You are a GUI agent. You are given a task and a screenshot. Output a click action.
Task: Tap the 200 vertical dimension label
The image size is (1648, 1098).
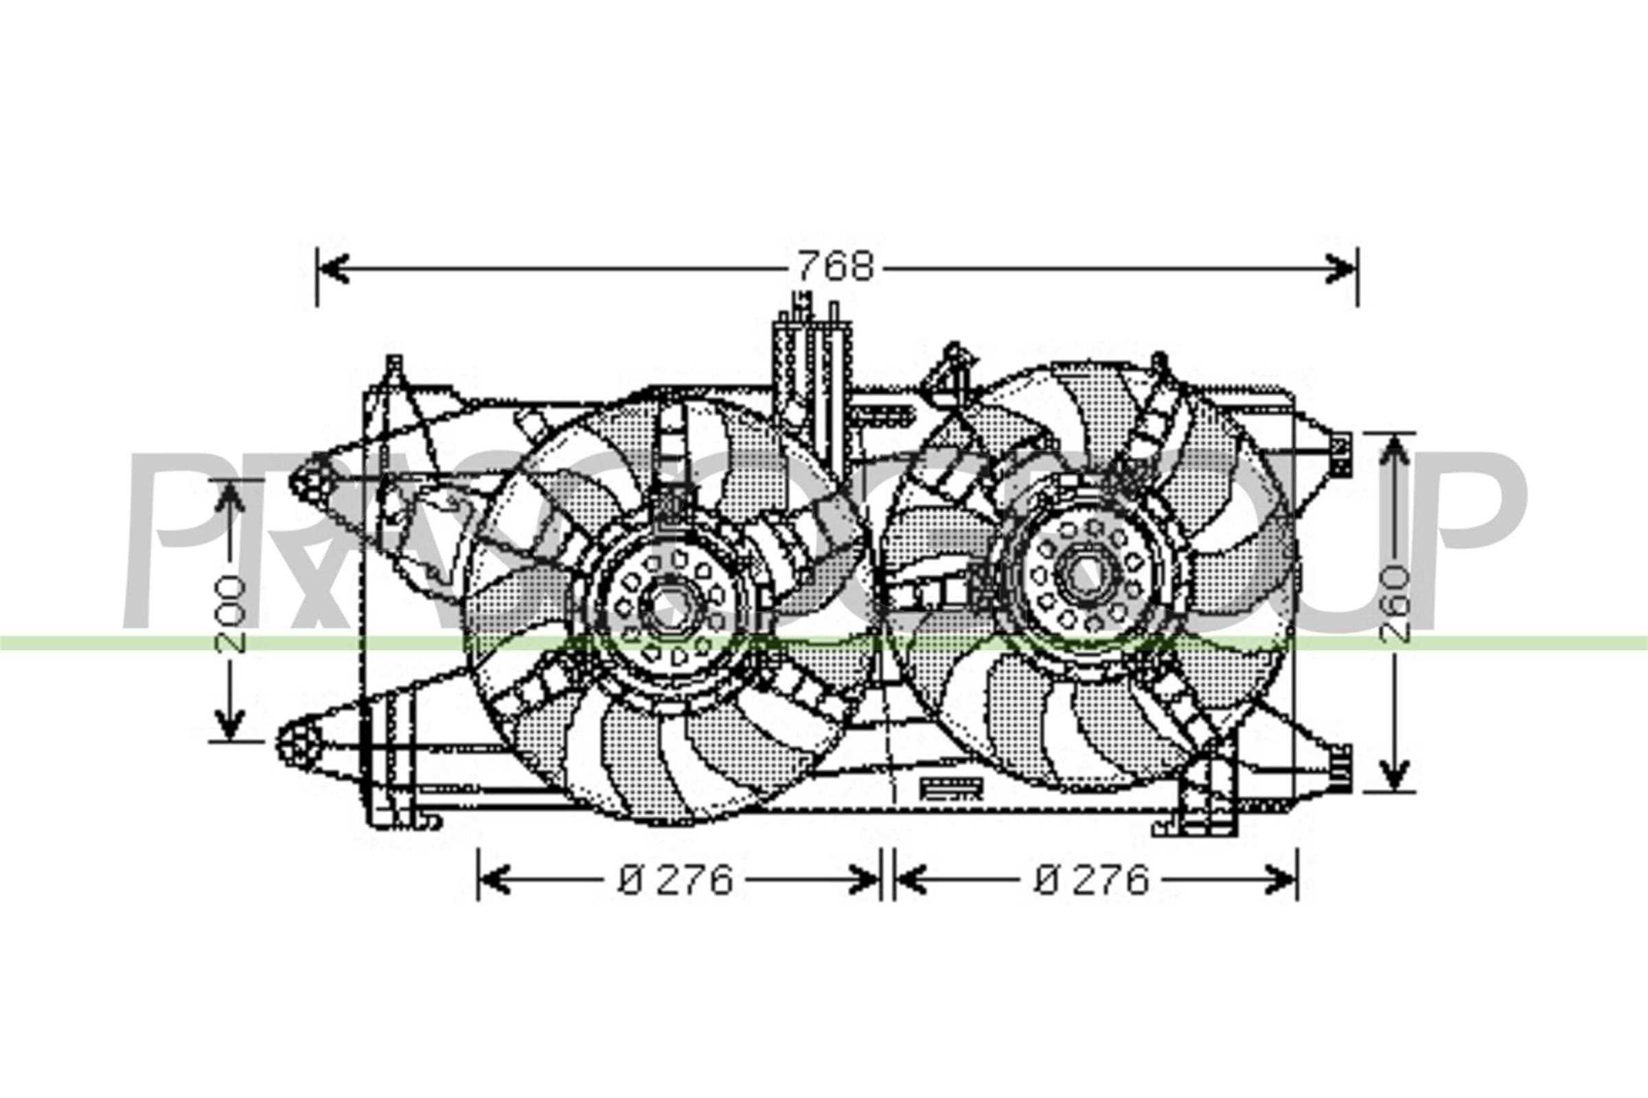[232, 614]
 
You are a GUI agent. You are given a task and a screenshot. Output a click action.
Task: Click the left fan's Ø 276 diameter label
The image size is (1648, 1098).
[676, 880]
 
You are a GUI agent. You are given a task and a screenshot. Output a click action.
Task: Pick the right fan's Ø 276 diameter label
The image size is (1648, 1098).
[1092, 880]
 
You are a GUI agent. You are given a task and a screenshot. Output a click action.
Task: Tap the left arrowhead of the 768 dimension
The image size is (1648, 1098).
[334, 268]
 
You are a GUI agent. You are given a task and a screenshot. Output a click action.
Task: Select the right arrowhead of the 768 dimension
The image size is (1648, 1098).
[1341, 268]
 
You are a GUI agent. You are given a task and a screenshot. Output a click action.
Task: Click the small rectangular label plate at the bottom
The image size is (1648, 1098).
[951, 789]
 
